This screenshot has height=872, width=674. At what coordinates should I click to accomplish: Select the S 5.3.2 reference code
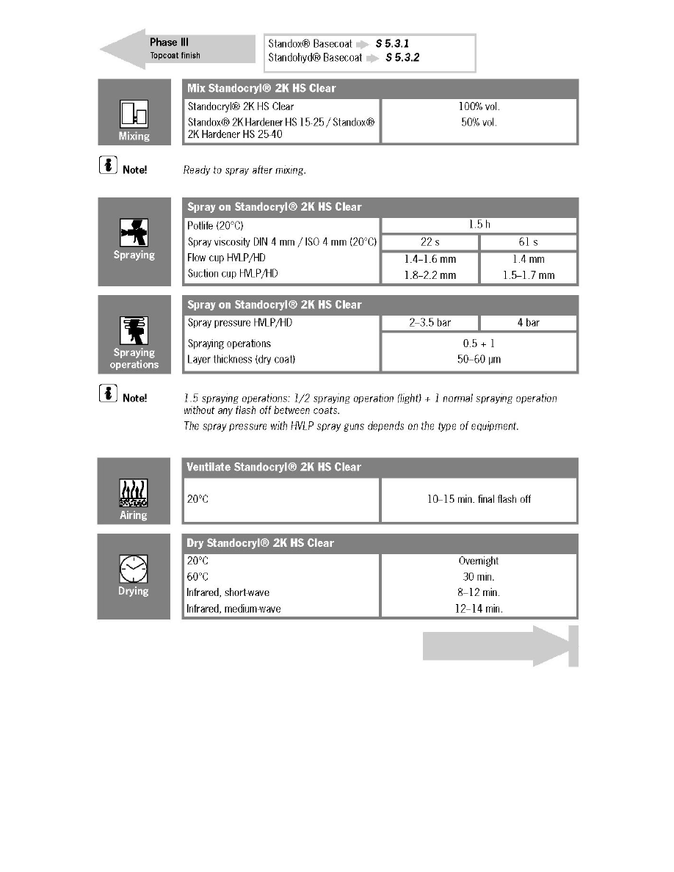tap(402, 58)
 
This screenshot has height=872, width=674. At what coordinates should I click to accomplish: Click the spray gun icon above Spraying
tap(134, 233)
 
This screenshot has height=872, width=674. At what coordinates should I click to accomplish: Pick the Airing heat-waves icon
tap(134, 493)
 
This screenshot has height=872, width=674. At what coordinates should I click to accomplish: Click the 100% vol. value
tap(479, 107)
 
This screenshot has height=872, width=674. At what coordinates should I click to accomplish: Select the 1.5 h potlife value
tap(479, 225)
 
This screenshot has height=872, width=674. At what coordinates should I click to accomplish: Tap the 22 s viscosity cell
tap(430, 242)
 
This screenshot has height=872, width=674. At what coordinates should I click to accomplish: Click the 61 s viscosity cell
tap(528, 242)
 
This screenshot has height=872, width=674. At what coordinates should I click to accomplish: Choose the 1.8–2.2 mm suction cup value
tap(430, 275)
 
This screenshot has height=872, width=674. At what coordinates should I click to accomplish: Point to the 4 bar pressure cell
tap(528, 323)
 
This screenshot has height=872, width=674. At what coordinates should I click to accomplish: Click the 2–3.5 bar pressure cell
tap(430, 323)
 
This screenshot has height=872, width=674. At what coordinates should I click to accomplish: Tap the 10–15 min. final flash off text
tap(479, 499)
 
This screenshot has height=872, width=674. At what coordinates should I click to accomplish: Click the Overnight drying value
tap(479, 561)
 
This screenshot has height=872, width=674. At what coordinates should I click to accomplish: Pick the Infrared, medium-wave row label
tap(233, 608)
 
